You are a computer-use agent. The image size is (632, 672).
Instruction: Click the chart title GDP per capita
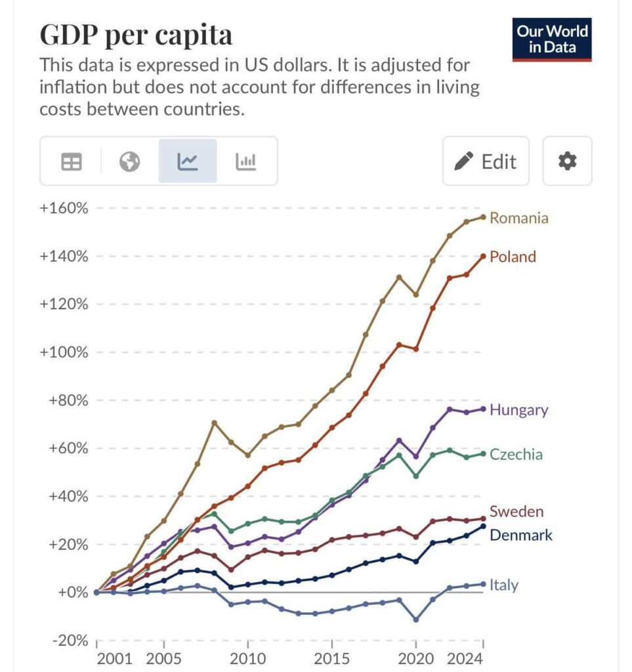(x=136, y=35)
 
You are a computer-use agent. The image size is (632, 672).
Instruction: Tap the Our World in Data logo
(x=552, y=39)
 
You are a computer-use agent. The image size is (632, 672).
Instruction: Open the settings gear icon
(x=567, y=161)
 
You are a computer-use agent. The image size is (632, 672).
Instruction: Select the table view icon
(x=72, y=161)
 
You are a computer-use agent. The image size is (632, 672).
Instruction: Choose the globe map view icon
(x=129, y=161)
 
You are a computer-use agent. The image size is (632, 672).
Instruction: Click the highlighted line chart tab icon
(x=188, y=161)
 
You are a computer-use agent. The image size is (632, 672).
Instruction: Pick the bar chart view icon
(x=245, y=161)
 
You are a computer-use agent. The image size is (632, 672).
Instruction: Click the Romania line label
(x=518, y=218)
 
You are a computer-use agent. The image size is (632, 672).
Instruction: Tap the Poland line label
(x=513, y=257)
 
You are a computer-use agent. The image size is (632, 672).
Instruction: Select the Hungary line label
(x=518, y=410)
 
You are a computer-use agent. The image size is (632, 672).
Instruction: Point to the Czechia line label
(x=516, y=455)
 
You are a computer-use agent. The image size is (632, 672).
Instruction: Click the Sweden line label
(x=516, y=512)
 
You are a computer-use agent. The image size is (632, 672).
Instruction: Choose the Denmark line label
(x=520, y=535)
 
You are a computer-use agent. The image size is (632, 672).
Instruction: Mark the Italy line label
(x=503, y=585)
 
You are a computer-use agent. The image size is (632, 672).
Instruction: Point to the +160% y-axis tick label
(x=64, y=208)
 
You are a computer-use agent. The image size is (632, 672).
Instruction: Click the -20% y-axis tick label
(x=68, y=640)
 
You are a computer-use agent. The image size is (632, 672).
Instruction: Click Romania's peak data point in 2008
(x=214, y=422)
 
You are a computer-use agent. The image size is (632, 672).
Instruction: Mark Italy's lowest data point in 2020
(x=415, y=619)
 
